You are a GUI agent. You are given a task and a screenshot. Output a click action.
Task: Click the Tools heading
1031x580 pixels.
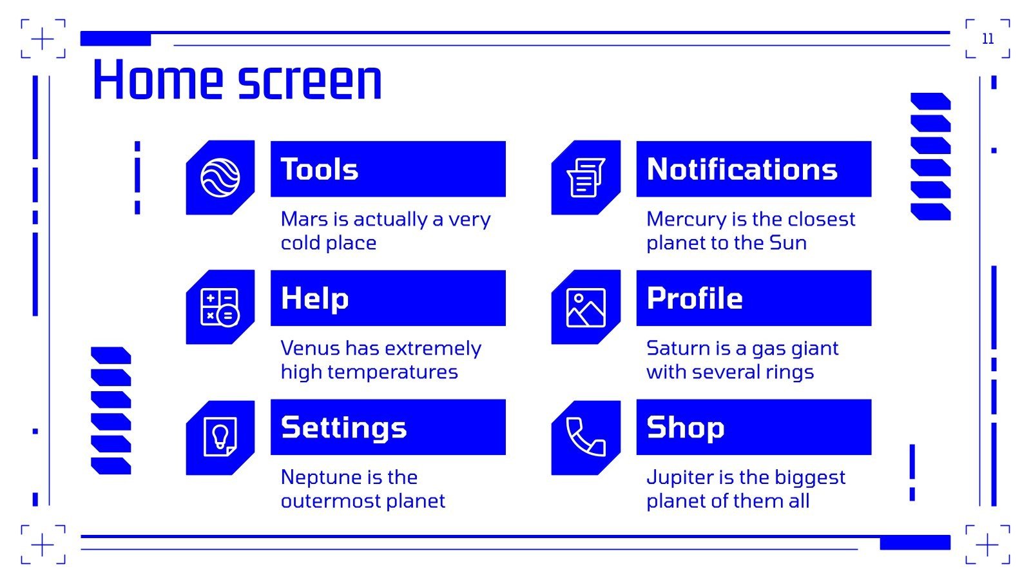pyautogui.click(x=320, y=169)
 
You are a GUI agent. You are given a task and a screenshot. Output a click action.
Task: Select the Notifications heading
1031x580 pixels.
pyautogui.click(x=742, y=169)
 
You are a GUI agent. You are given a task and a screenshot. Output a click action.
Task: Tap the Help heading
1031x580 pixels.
pyautogui.click(x=315, y=298)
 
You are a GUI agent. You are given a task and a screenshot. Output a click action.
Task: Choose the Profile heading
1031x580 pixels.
pyautogui.click(x=695, y=298)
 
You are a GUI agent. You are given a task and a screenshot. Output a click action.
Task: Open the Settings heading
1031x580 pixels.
pyautogui.click(x=344, y=427)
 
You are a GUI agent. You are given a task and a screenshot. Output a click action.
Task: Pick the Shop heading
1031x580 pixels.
pyautogui.click(x=686, y=427)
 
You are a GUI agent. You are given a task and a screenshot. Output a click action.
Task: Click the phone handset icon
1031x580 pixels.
pyautogui.click(x=586, y=437)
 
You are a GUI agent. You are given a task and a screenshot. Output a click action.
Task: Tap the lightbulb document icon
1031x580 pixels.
pyautogui.click(x=220, y=437)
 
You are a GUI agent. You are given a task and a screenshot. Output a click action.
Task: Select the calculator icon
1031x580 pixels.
pyautogui.click(x=220, y=307)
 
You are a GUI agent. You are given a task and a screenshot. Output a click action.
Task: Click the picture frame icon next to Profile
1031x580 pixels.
pyautogui.click(x=586, y=307)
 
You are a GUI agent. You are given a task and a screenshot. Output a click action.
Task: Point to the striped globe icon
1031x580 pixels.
pyautogui.click(x=220, y=177)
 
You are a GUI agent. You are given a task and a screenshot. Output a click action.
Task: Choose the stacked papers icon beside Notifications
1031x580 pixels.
pyautogui.click(x=586, y=177)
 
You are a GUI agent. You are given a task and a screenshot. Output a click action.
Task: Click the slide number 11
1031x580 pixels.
pyautogui.click(x=988, y=39)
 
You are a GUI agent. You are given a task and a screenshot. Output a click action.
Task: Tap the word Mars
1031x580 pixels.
pyautogui.click(x=304, y=219)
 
